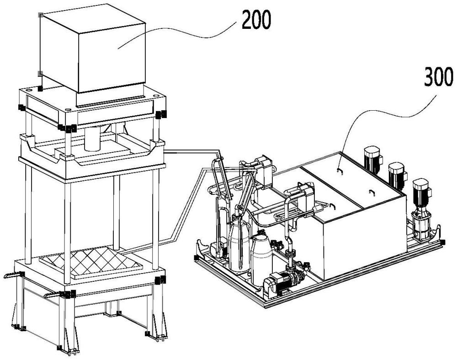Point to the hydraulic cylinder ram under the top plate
pos(95,137)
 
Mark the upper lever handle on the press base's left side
pos(14,274)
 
